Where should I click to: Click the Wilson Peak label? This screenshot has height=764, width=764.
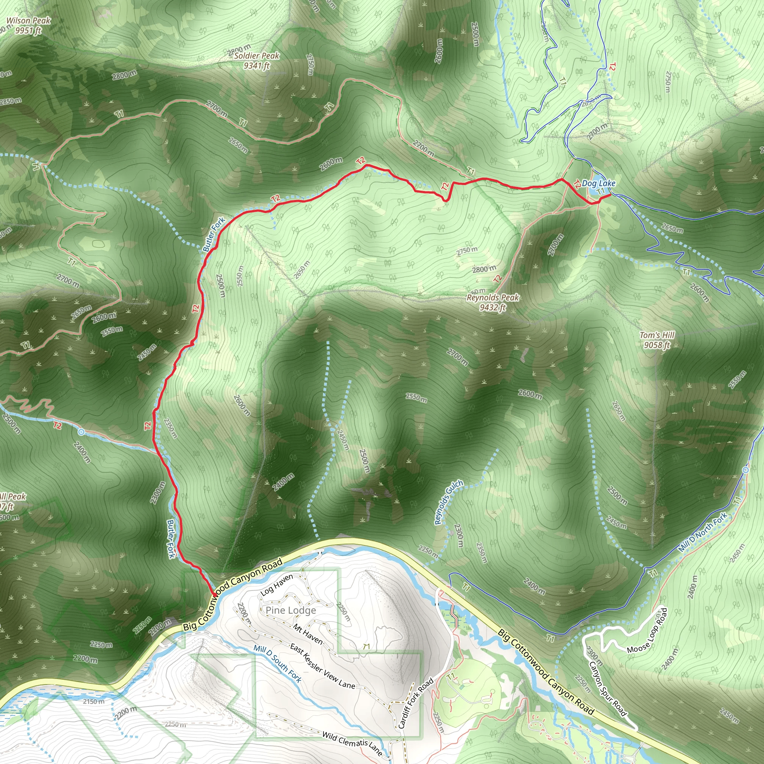click(28, 25)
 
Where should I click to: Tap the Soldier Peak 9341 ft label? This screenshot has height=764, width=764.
click(257, 60)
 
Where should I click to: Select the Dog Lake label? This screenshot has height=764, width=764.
click(598, 183)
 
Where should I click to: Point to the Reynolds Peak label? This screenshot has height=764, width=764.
click(493, 303)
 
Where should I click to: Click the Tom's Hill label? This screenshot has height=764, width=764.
click(657, 340)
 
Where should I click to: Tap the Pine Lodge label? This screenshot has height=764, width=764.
click(291, 610)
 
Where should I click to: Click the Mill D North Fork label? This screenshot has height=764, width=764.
click(703, 532)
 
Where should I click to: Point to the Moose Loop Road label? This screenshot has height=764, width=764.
click(647, 630)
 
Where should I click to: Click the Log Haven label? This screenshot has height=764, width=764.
click(277, 585)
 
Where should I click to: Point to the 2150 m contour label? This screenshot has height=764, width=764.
click(94, 702)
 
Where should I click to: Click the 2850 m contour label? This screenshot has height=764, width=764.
click(11, 101)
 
